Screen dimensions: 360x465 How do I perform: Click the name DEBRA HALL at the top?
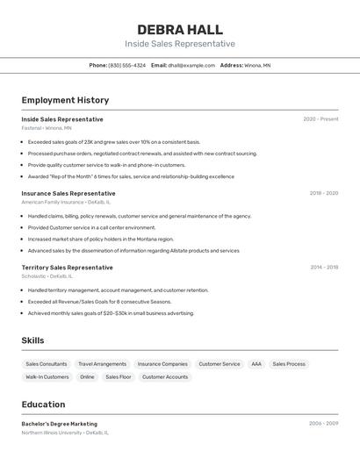tap(179, 30)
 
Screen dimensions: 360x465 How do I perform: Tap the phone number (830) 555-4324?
tap(126, 65)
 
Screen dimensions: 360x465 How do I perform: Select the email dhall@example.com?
tap(191, 65)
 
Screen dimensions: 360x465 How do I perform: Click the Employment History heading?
tap(65, 101)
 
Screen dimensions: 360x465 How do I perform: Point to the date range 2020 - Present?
tap(320, 119)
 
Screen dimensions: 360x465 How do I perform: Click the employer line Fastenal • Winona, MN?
tap(47, 128)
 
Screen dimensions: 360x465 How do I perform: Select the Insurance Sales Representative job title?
tap(68, 193)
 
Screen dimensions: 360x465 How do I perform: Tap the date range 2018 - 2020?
tap(323, 193)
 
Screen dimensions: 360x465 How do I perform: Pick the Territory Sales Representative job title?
tap(67, 268)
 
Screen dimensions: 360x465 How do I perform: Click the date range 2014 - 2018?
tap(323, 268)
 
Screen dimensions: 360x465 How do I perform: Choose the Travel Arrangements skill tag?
tap(102, 364)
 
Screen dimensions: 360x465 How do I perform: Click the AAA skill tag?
tap(256, 364)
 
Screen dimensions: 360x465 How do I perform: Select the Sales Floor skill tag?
tap(119, 377)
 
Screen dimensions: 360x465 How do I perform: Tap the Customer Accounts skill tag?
tap(165, 377)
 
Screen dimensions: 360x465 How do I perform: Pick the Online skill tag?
tap(87, 377)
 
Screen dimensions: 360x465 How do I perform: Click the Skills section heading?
tap(32, 340)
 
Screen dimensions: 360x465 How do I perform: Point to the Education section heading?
tap(43, 404)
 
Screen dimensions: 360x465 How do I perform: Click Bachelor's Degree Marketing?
tap(60, 424)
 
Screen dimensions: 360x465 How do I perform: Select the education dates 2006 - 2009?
tap(323, 424)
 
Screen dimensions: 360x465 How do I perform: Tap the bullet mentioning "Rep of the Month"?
tap(131, 176)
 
